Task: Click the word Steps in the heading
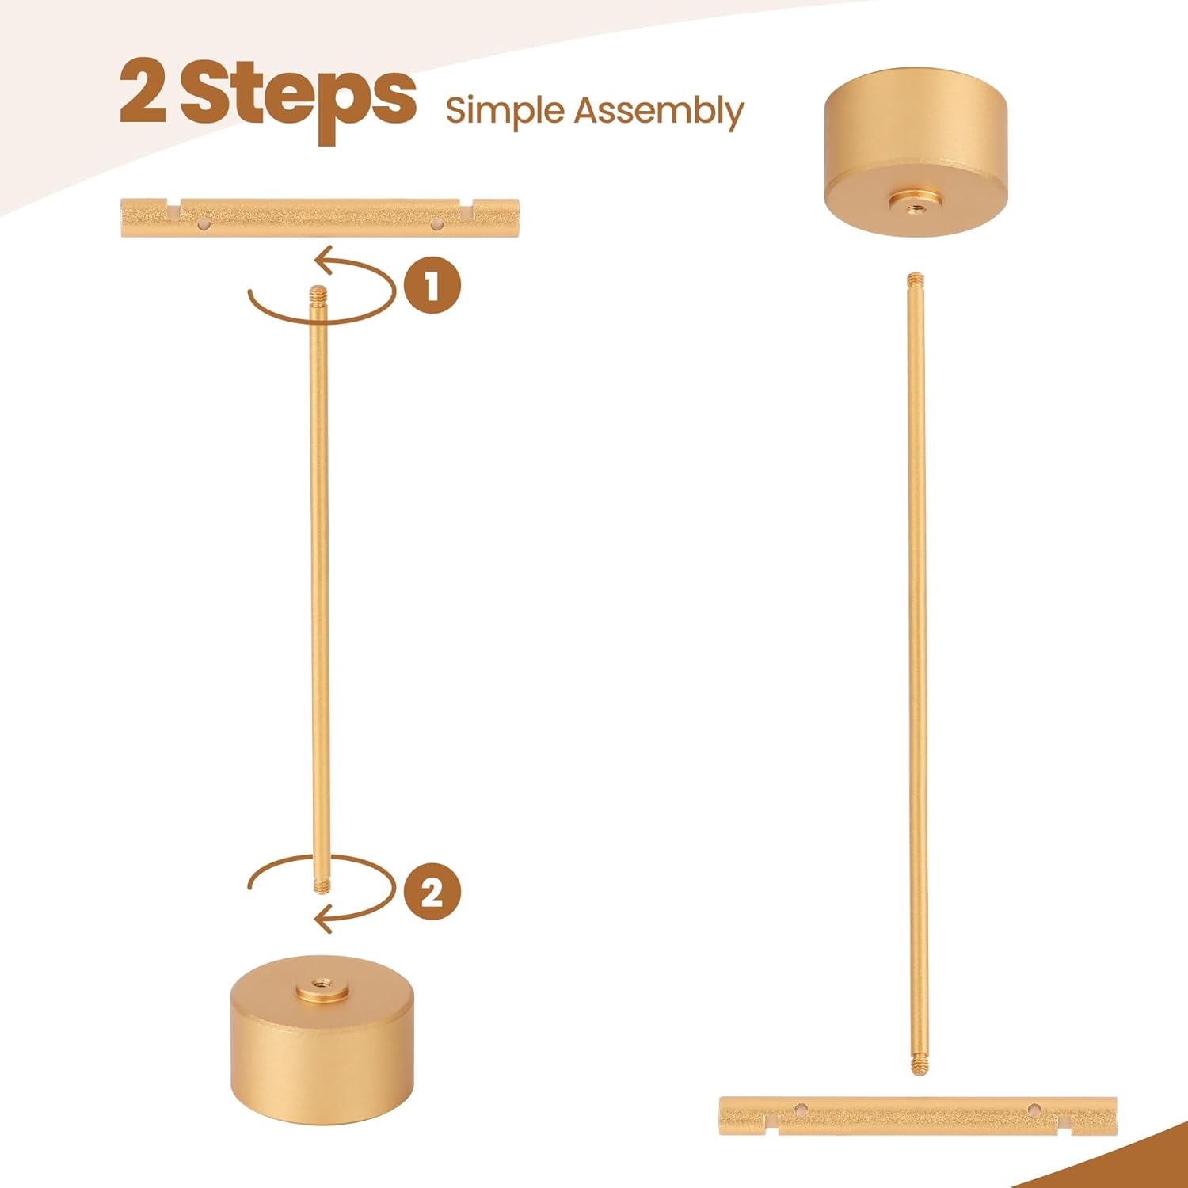click(299, 99)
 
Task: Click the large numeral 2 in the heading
click(143, 93)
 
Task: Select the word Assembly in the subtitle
click(659, 111)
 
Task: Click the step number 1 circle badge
click(432, 285)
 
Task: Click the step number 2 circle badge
click(432, 892)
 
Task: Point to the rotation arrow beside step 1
click(322, 320)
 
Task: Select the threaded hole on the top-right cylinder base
click(916, 204)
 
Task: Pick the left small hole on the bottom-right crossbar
click(802, 1109)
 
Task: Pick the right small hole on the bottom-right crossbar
click(1034, 1109)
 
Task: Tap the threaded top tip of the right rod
click(916, 280)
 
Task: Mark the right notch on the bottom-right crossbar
click(1065, 1124)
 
